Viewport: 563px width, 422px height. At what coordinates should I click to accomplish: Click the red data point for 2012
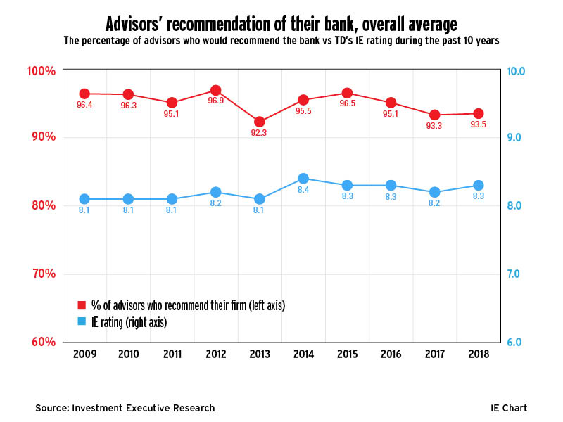click(215, 91)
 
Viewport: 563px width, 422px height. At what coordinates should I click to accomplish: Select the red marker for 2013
click(259, 122)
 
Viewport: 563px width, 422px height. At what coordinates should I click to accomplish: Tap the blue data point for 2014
click(303, 179)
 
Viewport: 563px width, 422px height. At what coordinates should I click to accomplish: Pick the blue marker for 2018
click(478, 186)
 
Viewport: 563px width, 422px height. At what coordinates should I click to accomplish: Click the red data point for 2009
click(84, 94)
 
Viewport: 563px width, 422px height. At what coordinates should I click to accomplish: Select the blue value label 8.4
click(303, 190)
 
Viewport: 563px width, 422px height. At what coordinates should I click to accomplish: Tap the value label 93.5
click(478, 124)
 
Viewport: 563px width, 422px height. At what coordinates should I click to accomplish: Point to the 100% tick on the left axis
click(42, 71)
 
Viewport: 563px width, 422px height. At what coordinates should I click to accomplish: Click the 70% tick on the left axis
click(44, 274)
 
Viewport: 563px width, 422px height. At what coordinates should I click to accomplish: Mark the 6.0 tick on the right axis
click(517, 342)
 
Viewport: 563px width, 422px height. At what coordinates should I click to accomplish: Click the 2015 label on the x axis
click(346, 354)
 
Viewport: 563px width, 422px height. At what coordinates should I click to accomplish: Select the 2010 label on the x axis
click(128, 354)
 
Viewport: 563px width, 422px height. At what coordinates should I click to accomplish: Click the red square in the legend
click(82, 305)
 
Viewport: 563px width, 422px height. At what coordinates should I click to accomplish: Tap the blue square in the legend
click(82, 322)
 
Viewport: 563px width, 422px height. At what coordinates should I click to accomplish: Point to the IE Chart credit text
click(509, 408)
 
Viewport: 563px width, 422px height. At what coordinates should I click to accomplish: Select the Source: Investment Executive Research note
click(125, 408)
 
